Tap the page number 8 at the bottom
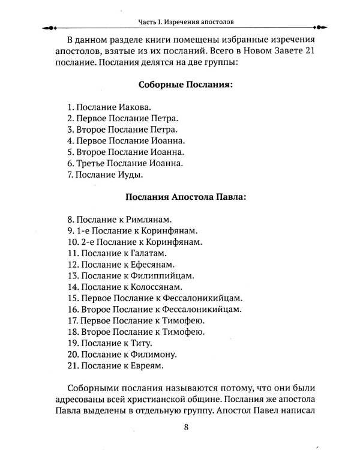pyautogui.click(x=185, y=427)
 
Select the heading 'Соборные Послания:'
pyautogui.click(x=185, y=85)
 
